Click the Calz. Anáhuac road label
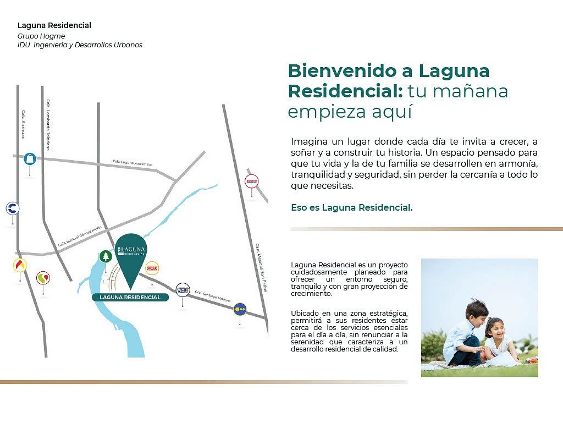pos(24,124)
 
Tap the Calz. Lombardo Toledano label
pos(48,124)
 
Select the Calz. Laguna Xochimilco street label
pos(132,163)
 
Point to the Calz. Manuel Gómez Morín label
pos(80,236)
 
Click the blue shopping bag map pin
pos(30,159)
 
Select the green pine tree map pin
pos(105,256)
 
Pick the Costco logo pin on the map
pos(251,180)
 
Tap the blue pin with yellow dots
pos(240,309)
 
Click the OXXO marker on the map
pos(152,268)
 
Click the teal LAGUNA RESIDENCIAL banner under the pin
pos(130,297)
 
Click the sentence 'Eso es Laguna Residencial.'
pos(351,207)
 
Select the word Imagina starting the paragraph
pos(308,141)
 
